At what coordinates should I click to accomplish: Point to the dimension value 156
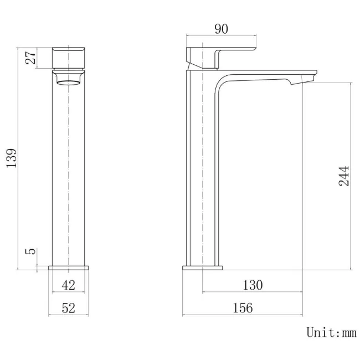[x=242, y=308]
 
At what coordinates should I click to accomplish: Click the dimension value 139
[x=12, y=158]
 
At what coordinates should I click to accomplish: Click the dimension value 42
[x=68, y=285]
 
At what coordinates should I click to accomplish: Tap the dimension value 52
[x=68, y=308]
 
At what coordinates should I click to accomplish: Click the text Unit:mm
[x=331, y=332]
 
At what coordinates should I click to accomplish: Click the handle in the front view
[x=69, y=57]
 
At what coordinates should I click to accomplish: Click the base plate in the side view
[x=202, y=268]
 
